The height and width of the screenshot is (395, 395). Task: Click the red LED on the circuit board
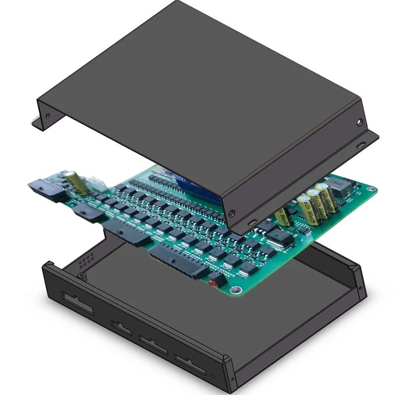pos(213,283)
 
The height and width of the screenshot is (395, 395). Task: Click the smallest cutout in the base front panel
pos(121,328)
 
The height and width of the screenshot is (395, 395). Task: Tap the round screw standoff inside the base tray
pos(81,276)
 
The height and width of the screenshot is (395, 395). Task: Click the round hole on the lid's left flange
pos(48,116)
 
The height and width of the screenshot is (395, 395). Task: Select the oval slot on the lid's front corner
pos(252,223)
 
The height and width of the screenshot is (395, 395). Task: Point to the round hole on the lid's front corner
pos(232,215)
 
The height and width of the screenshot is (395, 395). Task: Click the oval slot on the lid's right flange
pos(361,145)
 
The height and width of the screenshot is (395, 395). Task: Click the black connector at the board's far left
pos(47,190)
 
